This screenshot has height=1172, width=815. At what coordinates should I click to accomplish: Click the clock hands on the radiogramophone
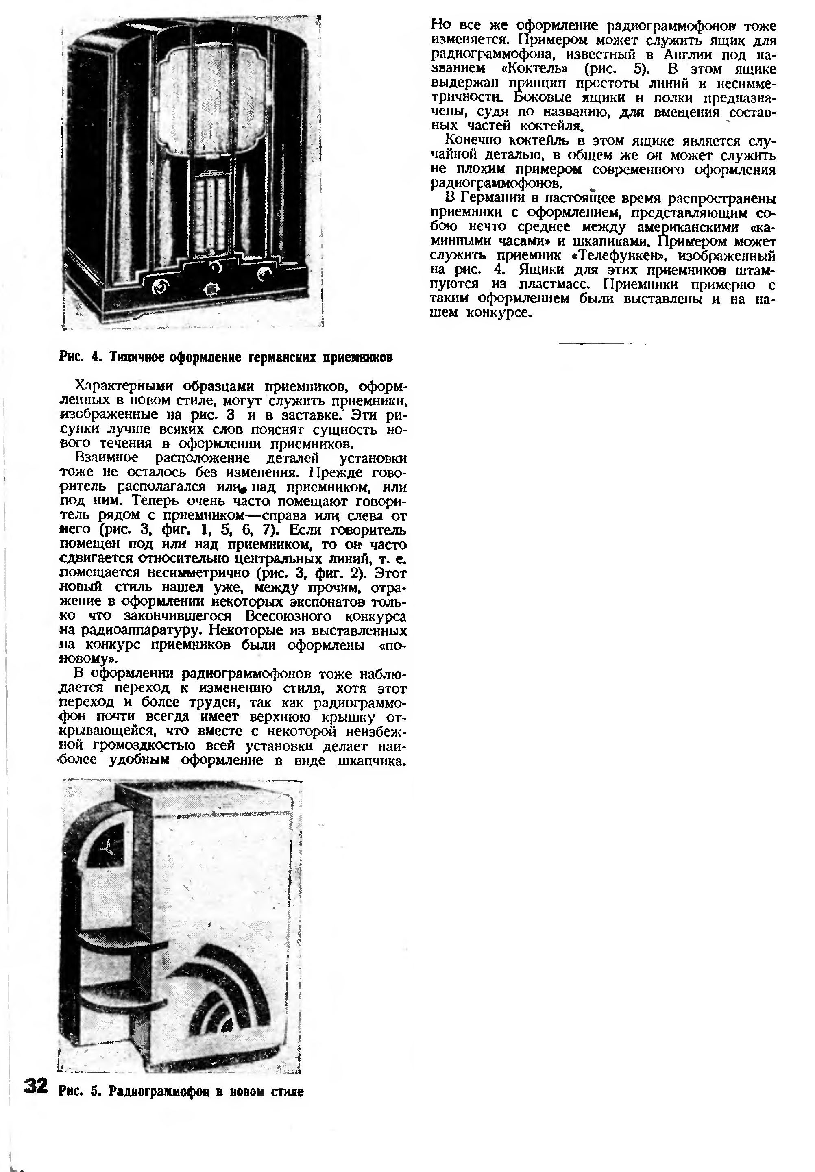pos(108,849)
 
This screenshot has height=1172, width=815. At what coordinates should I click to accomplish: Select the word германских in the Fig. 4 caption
pos(283,357)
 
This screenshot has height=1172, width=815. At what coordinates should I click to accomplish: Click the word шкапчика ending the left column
pos(374,761)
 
